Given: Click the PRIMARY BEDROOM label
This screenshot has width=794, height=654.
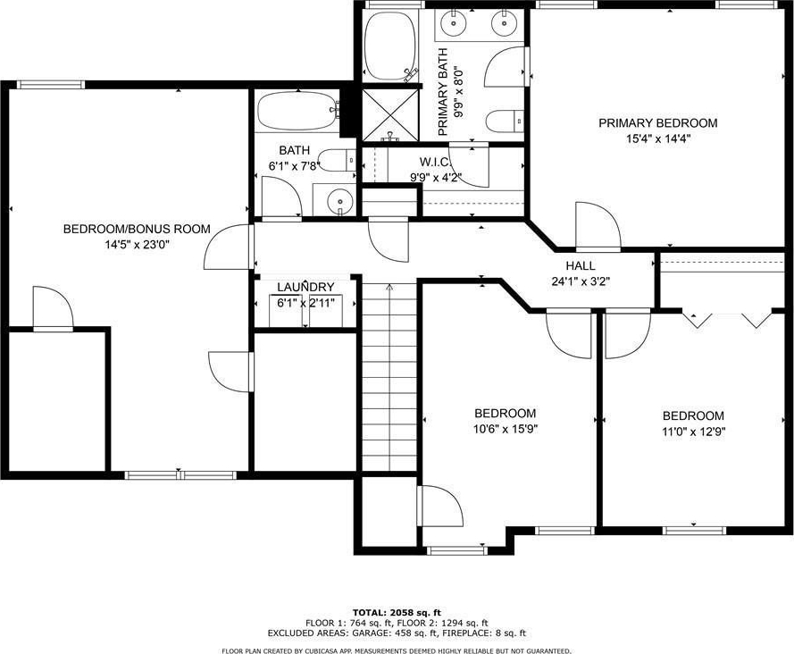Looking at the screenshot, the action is point(657,123).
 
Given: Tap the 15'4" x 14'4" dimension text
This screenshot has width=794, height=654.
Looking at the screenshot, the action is point(658,138).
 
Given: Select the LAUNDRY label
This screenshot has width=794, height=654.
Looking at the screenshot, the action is point(305,287).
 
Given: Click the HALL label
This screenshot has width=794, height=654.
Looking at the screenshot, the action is point(581,265).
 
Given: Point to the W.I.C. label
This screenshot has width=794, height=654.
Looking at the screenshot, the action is point(435,162).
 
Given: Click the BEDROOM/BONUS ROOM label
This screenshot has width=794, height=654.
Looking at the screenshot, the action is point(137,229).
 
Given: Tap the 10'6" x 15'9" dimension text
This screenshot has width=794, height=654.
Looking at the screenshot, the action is point(505,430).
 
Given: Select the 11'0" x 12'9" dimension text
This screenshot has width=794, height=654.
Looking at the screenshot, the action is point(693,432).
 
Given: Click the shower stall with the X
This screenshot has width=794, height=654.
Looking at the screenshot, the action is point(390,114).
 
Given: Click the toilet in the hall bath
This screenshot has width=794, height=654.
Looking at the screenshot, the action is point(338,160).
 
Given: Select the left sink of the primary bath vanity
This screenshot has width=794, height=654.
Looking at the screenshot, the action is point(454,21).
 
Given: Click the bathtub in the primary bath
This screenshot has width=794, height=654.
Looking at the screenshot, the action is point(390,46).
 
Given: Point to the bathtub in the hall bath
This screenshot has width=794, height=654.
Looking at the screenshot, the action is point(297,111).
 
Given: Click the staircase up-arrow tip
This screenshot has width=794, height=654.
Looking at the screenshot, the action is point(389,285).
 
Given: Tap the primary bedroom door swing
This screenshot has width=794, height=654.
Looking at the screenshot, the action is point(598,226).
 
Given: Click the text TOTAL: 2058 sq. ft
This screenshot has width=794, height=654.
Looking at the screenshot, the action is point(397,613).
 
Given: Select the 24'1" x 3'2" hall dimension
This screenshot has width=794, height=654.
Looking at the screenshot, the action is point(581,281).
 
